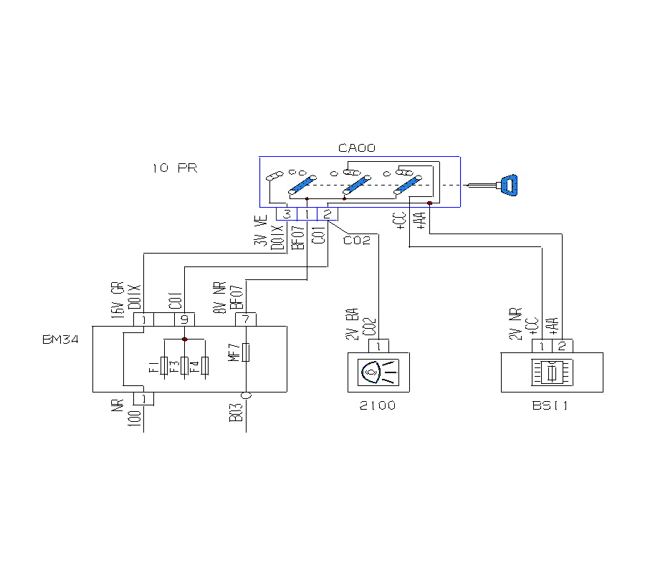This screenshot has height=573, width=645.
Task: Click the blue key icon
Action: tap(510, 186)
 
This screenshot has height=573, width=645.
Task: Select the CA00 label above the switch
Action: tap(356, 148)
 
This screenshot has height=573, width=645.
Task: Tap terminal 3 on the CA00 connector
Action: tap(287, 213)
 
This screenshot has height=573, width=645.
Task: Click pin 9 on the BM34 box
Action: tap(185, 319)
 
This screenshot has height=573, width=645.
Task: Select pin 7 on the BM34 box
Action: tap(246, 319)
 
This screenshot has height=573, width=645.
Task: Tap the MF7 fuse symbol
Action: tap(246, 353)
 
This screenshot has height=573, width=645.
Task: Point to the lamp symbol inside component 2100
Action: tap(379, 371)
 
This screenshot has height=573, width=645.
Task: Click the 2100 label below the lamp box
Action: tap(378, 406)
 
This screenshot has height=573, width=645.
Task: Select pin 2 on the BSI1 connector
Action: tap(561, 346)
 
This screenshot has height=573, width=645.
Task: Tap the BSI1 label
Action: tap(550, 406)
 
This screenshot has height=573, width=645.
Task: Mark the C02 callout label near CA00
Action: tap(356, 240)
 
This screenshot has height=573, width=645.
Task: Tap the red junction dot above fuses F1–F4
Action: tap(185, 339)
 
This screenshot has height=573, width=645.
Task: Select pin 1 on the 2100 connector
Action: tap(378, 346)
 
